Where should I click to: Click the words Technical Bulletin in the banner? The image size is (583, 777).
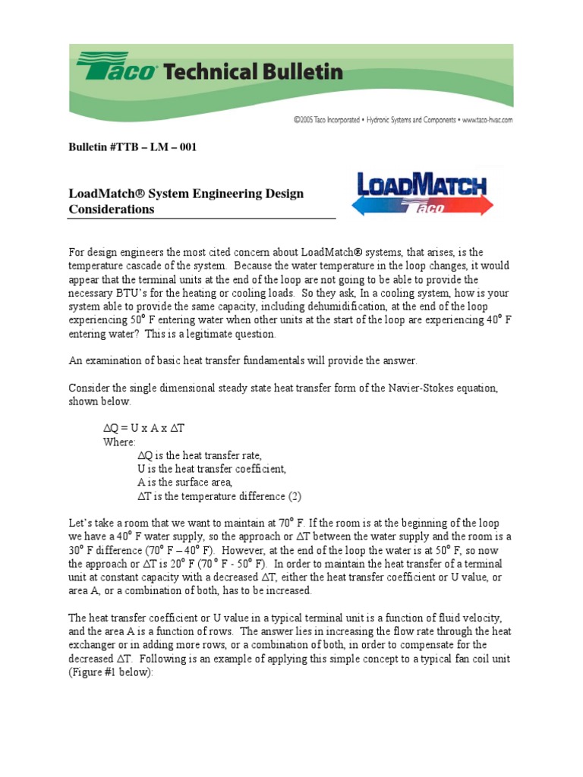point(254,73)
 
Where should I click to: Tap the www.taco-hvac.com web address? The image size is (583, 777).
point(487,120)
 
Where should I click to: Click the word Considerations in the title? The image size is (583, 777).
point(111,209)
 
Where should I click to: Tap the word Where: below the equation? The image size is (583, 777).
point(119,442)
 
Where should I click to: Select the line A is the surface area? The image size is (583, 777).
point(184,483)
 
